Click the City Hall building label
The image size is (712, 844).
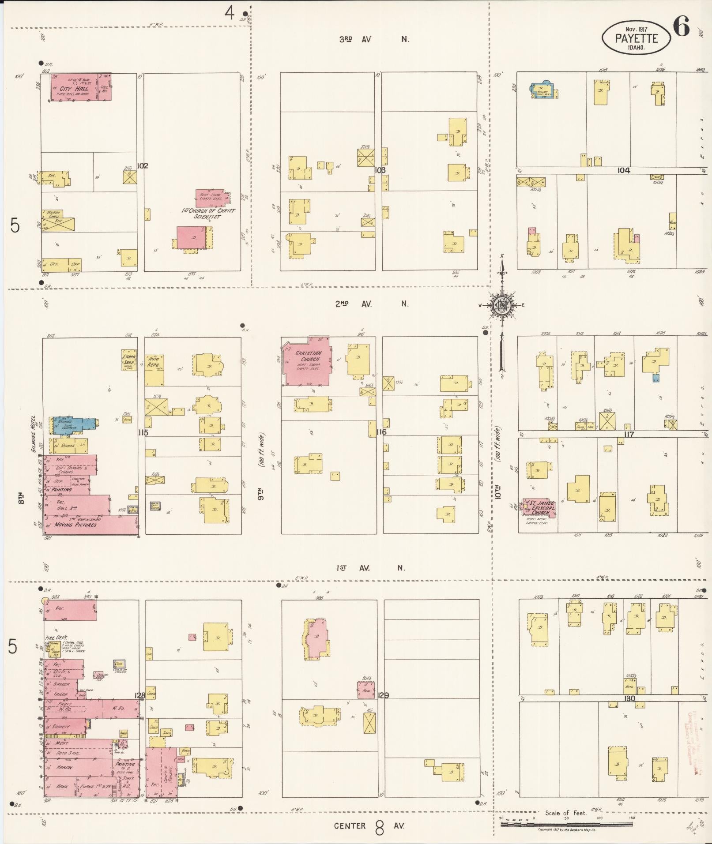tap(77, 89)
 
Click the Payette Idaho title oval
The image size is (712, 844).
tap(636, 38)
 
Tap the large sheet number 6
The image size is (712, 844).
tap(682, 28)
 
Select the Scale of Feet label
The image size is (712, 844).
tap(565, 813)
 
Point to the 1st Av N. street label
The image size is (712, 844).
tap(370, 568)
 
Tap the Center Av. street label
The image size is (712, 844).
tap(369, 825)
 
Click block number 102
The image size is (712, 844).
tap(142, 166)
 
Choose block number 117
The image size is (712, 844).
tap(629, 434)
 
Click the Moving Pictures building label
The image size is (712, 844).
tap(75, 525)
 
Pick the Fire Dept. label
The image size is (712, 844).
tap(55, 638)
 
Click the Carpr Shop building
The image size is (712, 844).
tap(128, 360)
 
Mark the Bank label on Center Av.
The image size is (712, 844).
tap(62, 786)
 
